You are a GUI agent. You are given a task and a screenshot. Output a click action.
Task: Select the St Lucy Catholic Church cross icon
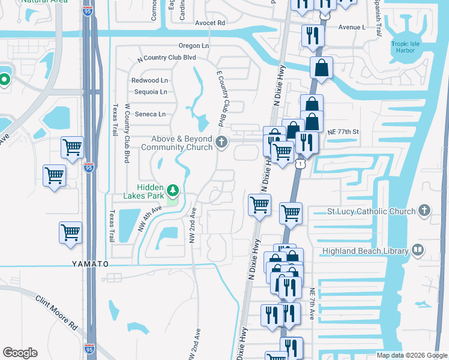[x=424, y=211]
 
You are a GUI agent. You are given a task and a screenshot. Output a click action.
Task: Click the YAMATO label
[x=90, y=264]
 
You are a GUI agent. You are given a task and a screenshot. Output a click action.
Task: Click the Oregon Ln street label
[x=193, y=46]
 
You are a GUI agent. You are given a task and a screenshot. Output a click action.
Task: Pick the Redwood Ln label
[x=150, y=80]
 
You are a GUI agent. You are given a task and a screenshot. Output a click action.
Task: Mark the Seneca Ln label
[x=149, y=114]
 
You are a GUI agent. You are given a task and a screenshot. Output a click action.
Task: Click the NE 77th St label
[x=343, y=131]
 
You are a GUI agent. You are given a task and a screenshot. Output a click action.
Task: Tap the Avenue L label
[x=352, y=27]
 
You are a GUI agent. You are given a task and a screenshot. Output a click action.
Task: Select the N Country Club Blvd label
[x=167, y=58]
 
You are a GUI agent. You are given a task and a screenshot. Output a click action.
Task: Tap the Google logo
[x=20, y=353]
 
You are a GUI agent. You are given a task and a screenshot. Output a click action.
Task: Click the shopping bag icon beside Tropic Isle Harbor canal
[x=321, y=68]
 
